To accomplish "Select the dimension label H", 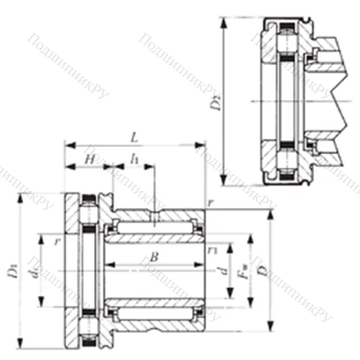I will click(x=90, y=158).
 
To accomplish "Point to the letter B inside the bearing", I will click(x=153, y=257).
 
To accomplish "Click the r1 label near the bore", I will click(x=212, y=251).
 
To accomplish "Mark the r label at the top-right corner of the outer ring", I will click(x=210, y=204).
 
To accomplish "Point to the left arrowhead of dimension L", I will click(x=68, y=145).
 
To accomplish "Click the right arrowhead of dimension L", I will click(x=204, y=145).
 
